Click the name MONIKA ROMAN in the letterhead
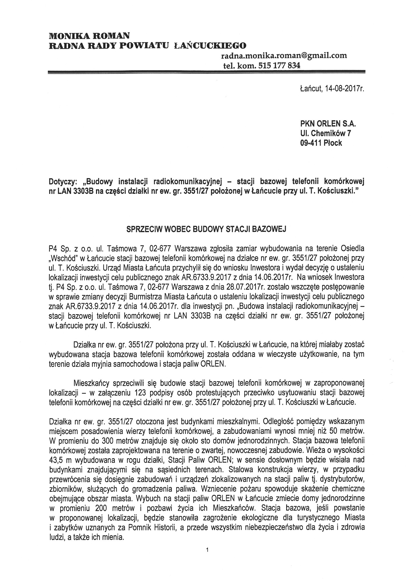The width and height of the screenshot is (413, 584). click(x=89, y=36)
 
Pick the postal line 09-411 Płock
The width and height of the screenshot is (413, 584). click(x=319, y=143)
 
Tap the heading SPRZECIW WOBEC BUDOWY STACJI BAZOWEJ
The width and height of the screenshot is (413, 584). click(x=206, y=229)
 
